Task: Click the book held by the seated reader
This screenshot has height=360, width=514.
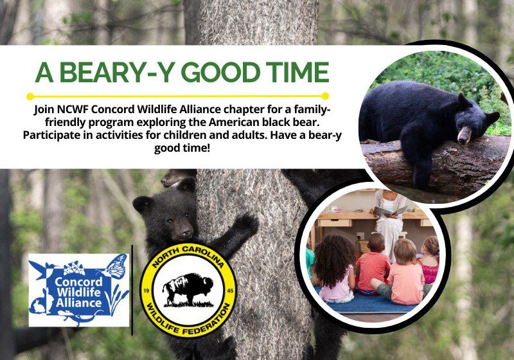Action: [392, 210]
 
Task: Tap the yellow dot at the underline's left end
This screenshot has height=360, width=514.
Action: [30, 96]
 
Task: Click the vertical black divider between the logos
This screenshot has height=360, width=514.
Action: [132, 289]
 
